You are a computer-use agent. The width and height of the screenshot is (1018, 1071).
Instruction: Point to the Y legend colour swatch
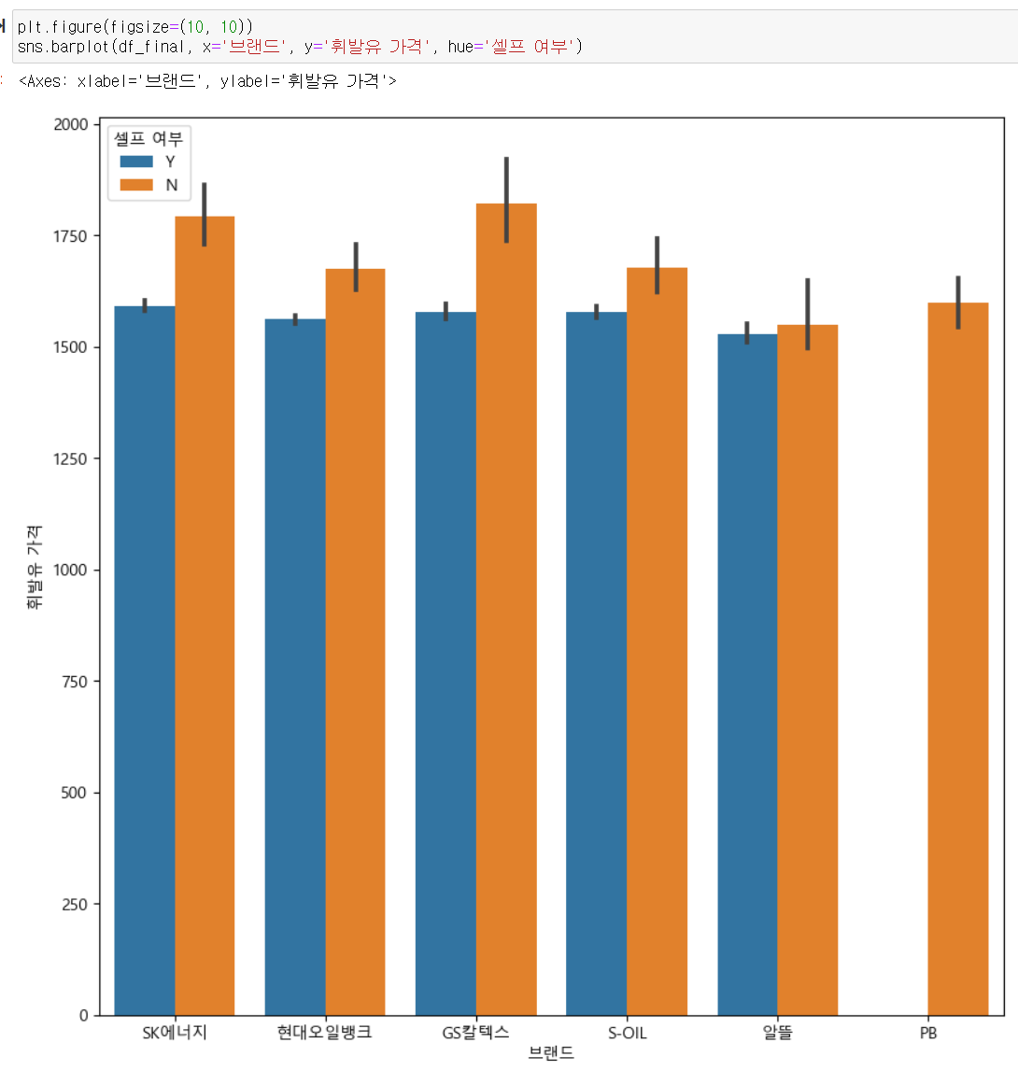(x=136, y=162)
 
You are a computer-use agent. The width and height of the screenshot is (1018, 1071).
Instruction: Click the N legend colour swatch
(x=136, y=185)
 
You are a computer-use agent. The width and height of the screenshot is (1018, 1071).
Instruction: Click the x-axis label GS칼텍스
(x=476, y=1034)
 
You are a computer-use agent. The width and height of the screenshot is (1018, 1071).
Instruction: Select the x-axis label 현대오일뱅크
(x=325, y=1034)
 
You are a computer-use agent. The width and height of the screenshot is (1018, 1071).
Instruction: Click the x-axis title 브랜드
(x=551, y=1054)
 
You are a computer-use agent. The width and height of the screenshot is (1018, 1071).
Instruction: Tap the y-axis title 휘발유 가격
(x=35, y=570)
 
